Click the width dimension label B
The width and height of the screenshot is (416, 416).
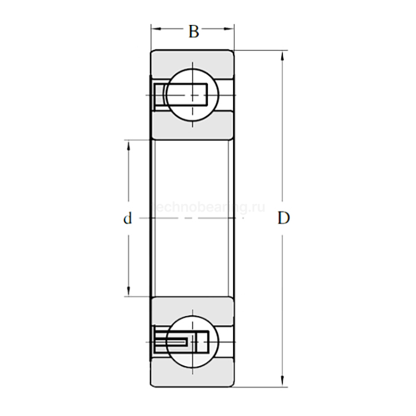click(x=193, y=31)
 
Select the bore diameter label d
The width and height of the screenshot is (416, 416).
click(x=127, y=219)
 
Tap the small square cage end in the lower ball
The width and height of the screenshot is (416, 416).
click(x=203, y=342)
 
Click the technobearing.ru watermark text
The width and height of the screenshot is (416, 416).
click(x=208, y=207)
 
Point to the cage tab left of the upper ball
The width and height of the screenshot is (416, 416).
click(x=159, y=95)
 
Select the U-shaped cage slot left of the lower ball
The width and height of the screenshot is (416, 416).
click(x=172, y=342)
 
